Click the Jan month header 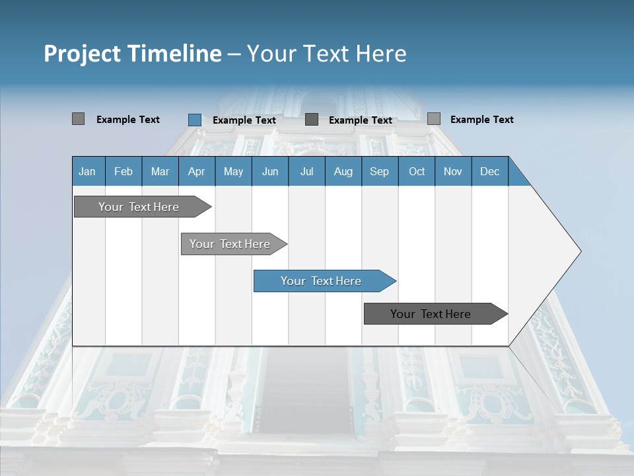(x=88, y=171)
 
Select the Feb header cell (x=123, y=171)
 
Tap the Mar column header (x=160, y=171)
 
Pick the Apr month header (x=197, y=171)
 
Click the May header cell (x=233, y=171)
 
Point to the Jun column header (x=270, y=171)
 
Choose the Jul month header (x=306, y=171)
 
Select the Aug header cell (x=343, y=171)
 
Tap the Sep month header (x=380, y=171)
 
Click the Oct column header (x=417, y=171)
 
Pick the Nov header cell (x=453, y=171)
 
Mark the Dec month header (x=490, y=171)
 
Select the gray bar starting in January (x=139, y=207)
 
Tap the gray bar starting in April (x=230, y=244)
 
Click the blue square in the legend (x=195, y=120)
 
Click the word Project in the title (x=82, y=54)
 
